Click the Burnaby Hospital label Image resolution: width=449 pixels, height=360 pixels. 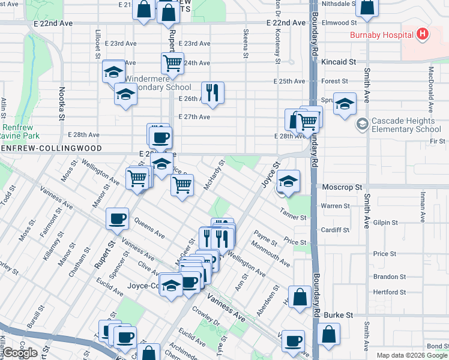(382, 34)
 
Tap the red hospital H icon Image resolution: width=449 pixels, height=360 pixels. (423, 34)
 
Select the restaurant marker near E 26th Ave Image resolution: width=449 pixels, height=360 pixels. (212, 92)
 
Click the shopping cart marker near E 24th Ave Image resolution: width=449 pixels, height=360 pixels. (172, 62)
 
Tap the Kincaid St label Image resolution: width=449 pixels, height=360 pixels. (339, 62)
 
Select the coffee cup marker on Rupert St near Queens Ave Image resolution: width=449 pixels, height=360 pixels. (118, 218)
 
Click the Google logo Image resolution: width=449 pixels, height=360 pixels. (20, 352)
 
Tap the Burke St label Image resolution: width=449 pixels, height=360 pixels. (338, 314)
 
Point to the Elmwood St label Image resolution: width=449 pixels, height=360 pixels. (339, 23)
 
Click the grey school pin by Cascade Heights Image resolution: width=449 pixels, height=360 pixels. (362, 125)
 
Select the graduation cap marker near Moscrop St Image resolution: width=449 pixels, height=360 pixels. (289, 182)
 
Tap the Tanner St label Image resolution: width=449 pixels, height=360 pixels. (294, 217)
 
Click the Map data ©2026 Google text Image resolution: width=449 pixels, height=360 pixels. (412, 355)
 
